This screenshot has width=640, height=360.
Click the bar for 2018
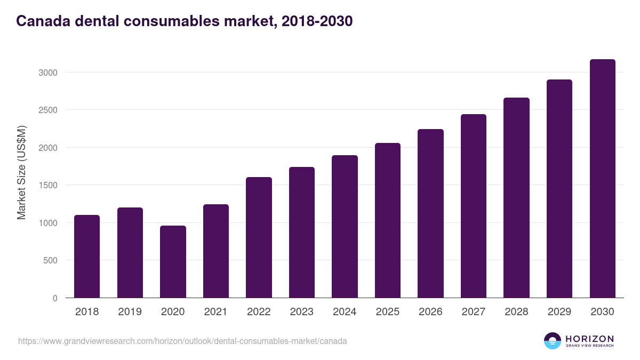tap(87, 257)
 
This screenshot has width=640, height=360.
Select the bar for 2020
tap(173, 262)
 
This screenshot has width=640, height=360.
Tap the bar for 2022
tap(259, 237)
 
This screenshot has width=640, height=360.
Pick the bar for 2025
tap(388, 220)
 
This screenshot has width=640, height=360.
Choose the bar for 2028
tap(516, 198)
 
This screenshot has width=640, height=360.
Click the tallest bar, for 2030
tap(602, 179)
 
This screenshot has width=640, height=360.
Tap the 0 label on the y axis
tap(55, 299)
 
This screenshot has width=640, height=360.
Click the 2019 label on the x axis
tap(130, 312)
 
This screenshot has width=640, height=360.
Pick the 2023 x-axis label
tap(301, 312)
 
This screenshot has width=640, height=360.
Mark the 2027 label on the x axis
tap(473, 312)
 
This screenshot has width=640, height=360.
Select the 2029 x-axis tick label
tap(559, 312)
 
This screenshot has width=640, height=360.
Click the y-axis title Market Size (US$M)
tap(22, 173)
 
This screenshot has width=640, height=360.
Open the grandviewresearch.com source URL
tap(182, 341)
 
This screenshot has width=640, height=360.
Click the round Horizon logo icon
tap(553, 341)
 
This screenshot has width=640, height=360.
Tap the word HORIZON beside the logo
tap(590, 338)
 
